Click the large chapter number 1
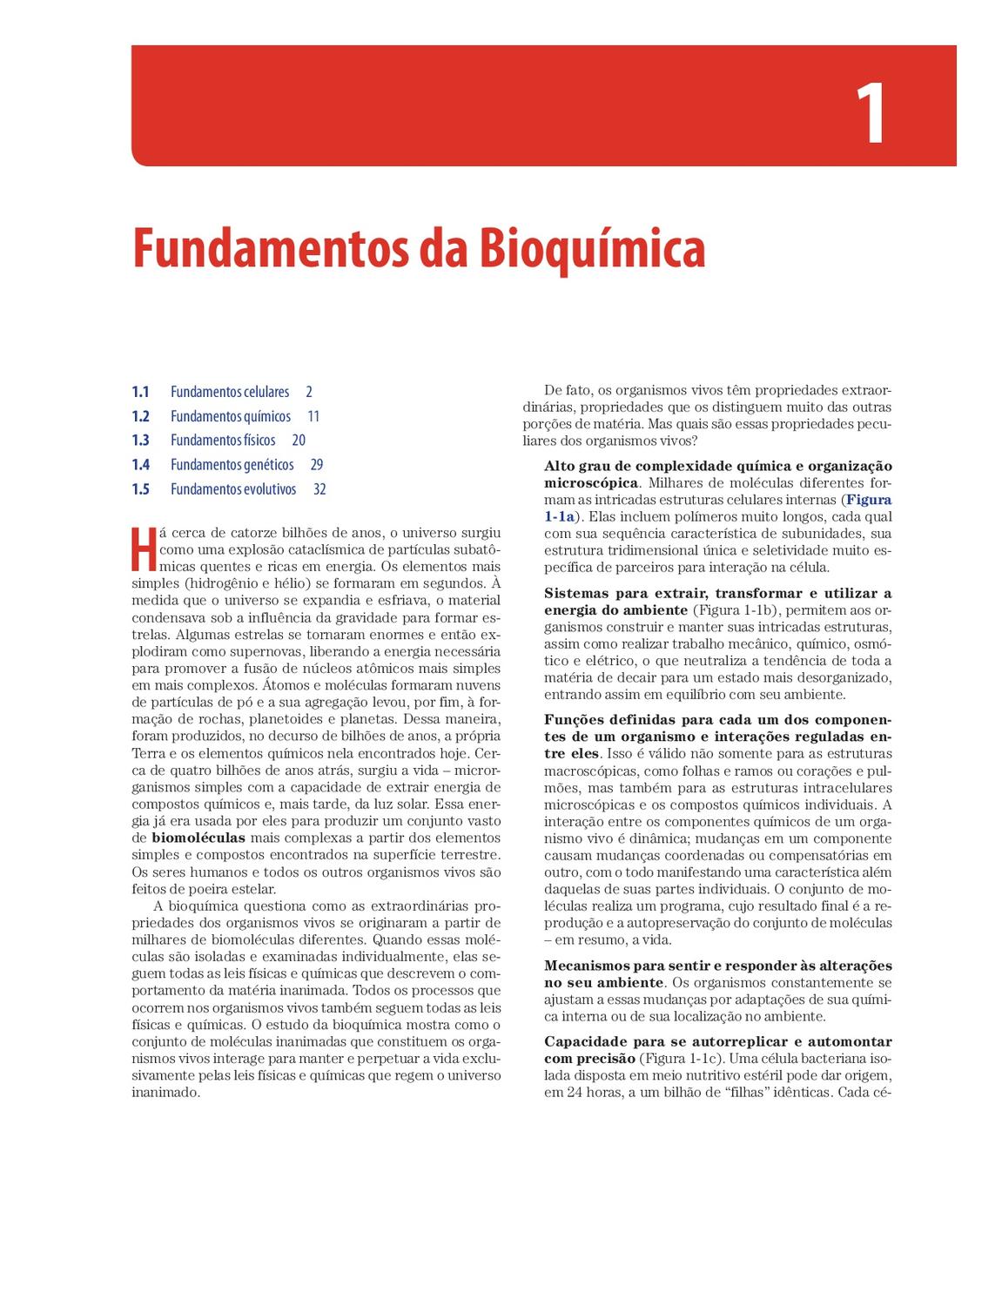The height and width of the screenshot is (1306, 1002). [x=870, y=114]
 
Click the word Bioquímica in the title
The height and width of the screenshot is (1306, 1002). [x=591, y=249]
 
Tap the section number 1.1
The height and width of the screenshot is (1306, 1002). [x=140, y=392]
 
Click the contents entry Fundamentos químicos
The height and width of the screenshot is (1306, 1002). [x=231, y=416]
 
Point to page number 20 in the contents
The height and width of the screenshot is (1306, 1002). [x=299, y=441]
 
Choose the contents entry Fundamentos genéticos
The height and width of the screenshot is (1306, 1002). [x=232, y=465]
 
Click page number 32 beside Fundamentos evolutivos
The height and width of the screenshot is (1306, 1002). [x=319, y=489]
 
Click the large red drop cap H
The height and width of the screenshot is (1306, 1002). [x=144, y=547]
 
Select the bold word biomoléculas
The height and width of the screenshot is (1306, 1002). [x=198, y=838]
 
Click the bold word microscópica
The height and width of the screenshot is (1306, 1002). [x=590, y=483]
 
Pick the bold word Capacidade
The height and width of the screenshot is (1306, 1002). [x=588, y=1042]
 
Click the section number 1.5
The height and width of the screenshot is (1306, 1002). [x=140, y=489]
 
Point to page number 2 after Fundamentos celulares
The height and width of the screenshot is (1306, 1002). [x=309, y=392]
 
